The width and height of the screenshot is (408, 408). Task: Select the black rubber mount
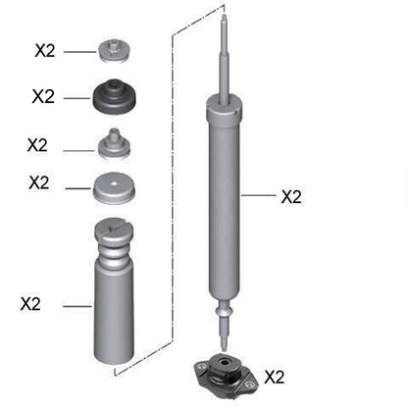coord(116,98)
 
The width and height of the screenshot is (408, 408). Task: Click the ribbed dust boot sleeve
coord(117,304)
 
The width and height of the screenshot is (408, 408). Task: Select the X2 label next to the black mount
coord(43,96)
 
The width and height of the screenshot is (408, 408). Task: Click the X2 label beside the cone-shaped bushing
coord(37,144)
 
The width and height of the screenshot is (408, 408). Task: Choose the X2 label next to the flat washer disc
coord(39,183)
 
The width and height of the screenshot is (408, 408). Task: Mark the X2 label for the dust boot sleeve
coord(30,304)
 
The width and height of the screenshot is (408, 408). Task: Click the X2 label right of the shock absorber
coord(291,197)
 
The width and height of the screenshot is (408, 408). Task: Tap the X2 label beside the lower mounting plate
coord(275,376)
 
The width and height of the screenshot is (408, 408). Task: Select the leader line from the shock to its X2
coord(261,196)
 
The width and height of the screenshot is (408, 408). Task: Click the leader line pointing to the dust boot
coord(76,306)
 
